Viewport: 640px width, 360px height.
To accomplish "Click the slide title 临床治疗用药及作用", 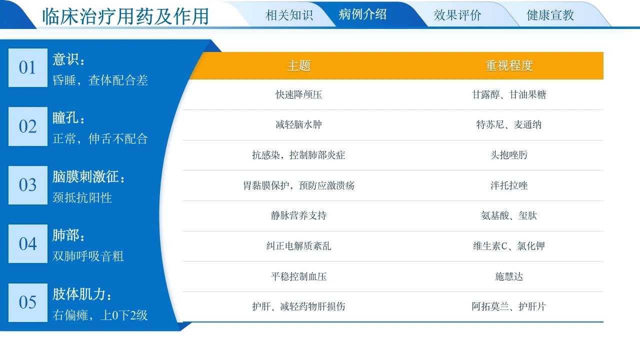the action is click(125, 16).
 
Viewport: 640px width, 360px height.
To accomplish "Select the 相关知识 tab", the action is click(289, 15).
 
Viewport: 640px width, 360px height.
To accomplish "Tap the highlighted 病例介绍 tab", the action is click(362, 14).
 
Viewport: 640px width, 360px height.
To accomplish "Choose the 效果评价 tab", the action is click(457, 15).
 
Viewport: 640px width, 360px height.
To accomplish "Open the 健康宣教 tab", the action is click(550, 15).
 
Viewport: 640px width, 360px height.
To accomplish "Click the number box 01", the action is click(28, 67).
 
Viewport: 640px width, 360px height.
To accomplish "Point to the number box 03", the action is click(28, 185).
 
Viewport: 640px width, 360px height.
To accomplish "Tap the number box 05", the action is click(28, 302).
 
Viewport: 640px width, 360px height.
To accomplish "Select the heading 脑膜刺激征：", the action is click(89, 176).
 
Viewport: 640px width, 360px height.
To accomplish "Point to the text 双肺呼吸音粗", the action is click(88, 256).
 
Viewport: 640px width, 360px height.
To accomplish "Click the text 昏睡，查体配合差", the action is click(100, 80).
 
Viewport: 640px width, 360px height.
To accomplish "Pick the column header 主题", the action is click(299, 65).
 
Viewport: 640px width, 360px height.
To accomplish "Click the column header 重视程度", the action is click(509, 65).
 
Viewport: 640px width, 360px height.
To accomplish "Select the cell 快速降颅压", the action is click(299, 94).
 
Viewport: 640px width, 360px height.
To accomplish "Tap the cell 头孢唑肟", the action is click(509, 155).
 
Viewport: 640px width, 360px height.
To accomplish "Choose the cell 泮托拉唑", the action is click(509, 185).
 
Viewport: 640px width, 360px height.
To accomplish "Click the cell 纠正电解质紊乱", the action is click(299, 246).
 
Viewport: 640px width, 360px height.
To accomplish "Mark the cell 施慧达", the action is click(509, 276).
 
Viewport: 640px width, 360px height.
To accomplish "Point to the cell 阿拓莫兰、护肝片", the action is click(509, 306).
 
